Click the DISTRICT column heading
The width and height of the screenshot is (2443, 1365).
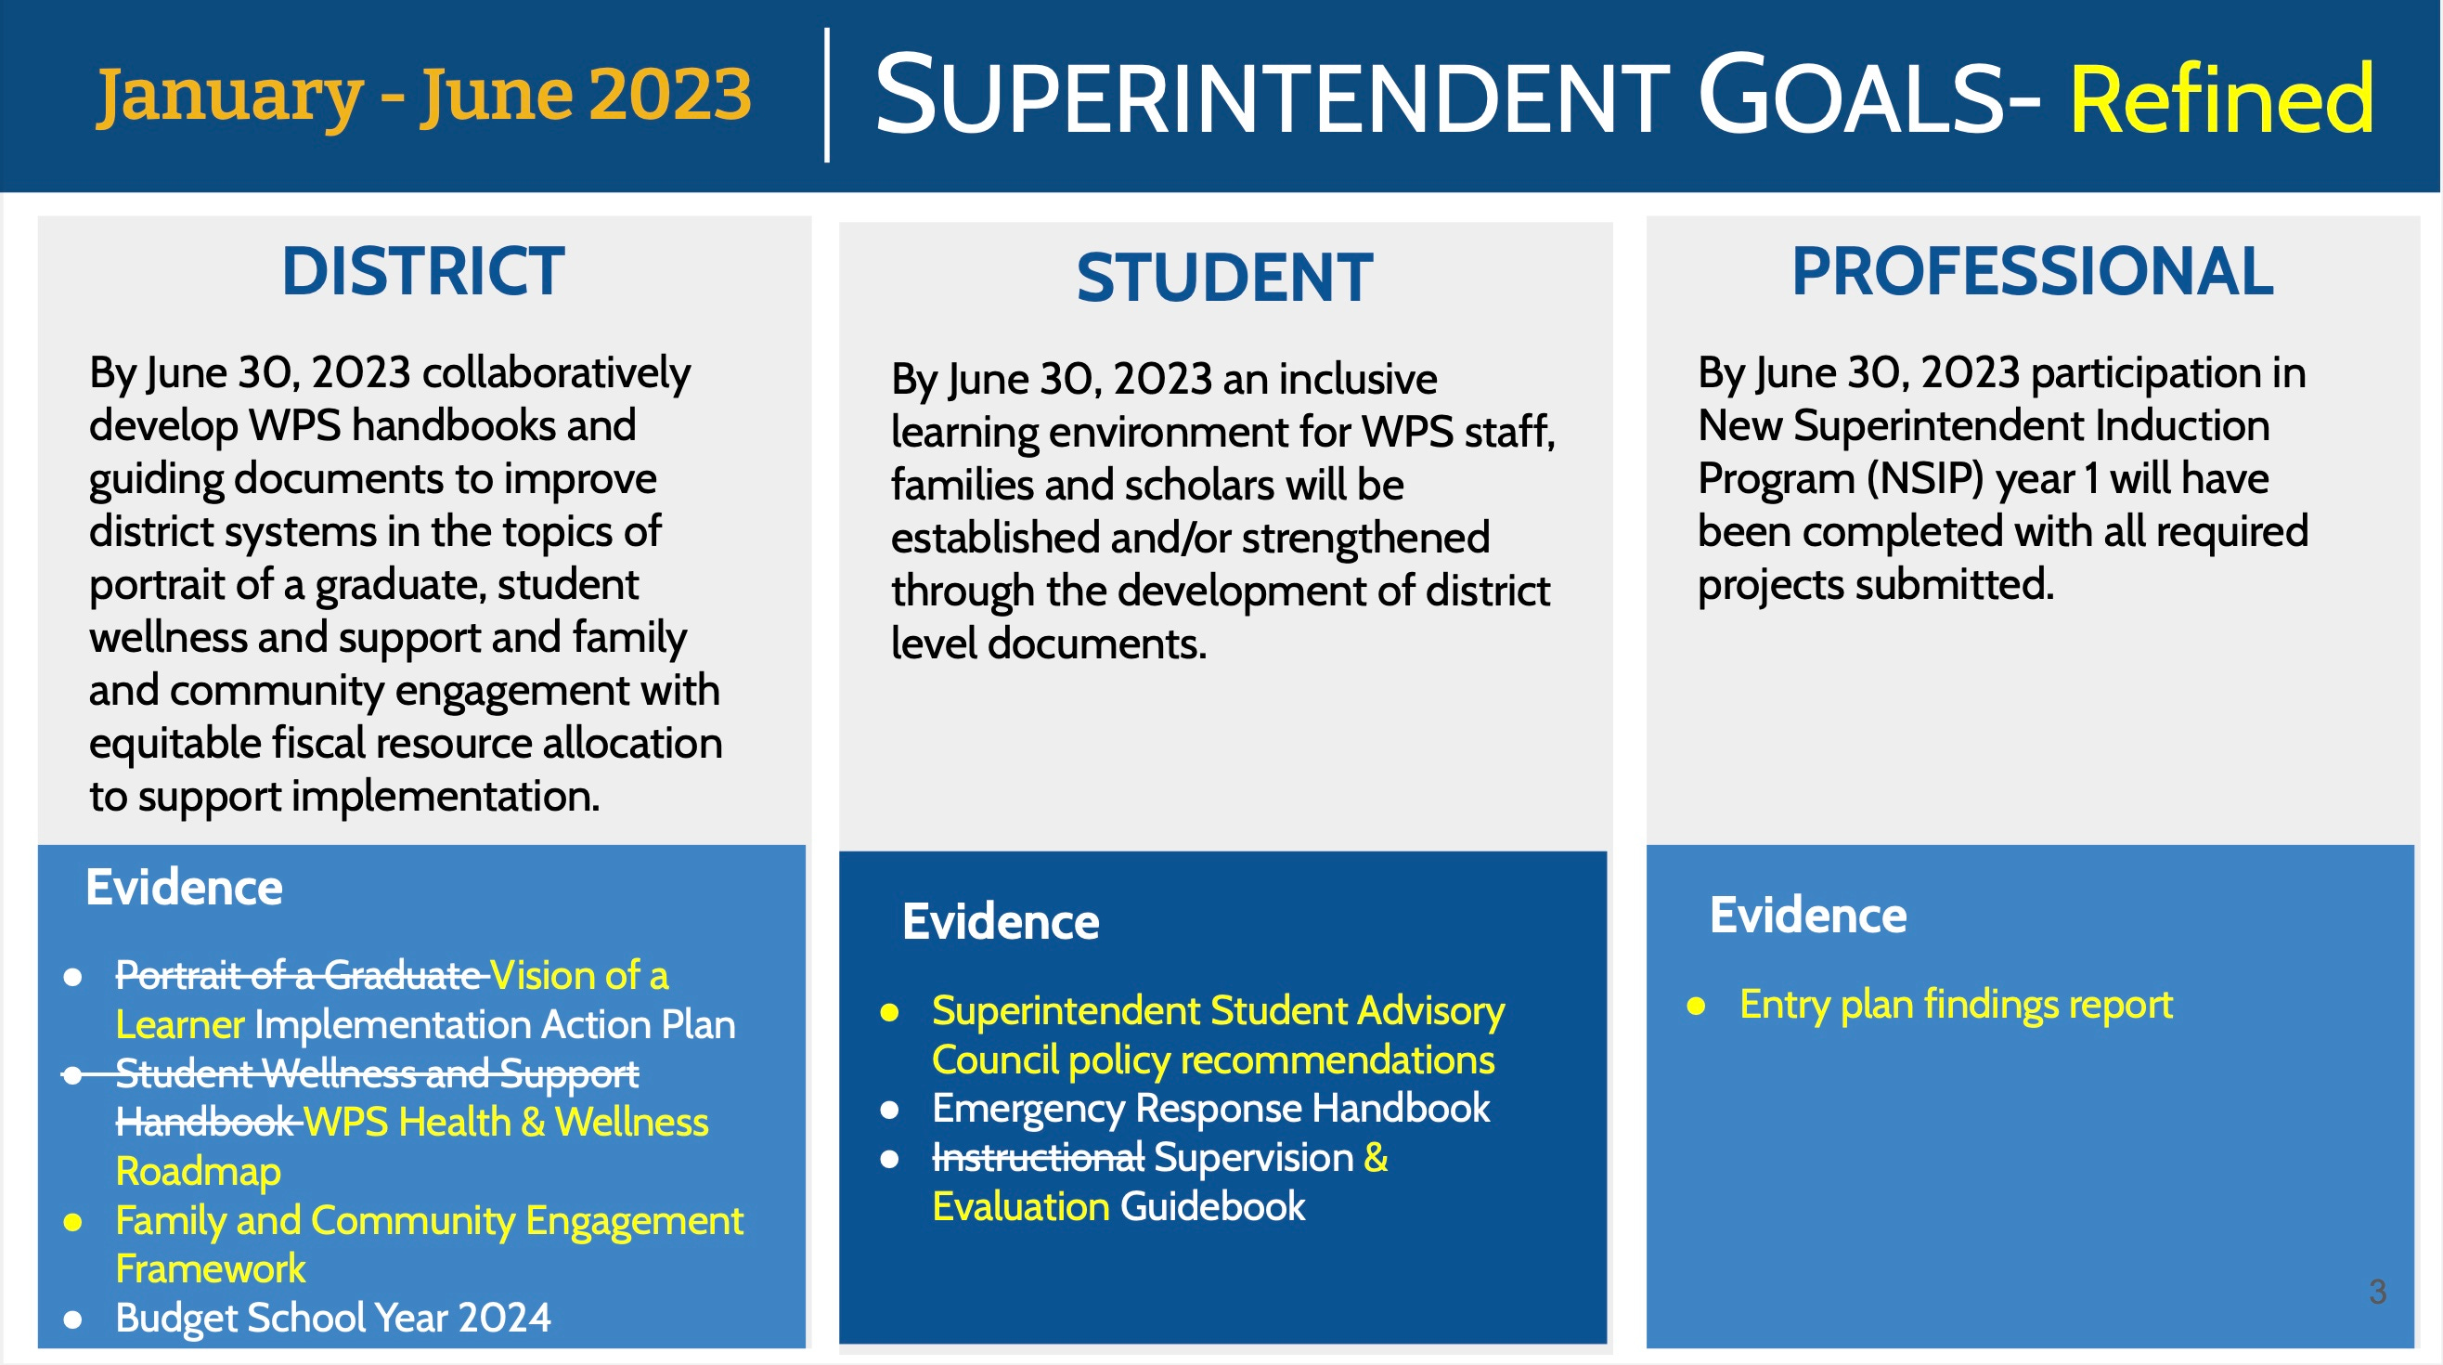(x=423, y=272)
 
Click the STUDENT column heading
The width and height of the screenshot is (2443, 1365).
(x=1224, y=279)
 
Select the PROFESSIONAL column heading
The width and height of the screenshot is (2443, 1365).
(x=2033, y=272)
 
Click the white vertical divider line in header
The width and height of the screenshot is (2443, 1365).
(x=827, y=95)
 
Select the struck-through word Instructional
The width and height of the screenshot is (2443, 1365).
(x=1038, y=1158)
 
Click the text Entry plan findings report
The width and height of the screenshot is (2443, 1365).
(x=1956, y=1005)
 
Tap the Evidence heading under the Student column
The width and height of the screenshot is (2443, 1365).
(x=1001, y=922)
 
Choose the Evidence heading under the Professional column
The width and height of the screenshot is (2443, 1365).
(x=1807, y=916)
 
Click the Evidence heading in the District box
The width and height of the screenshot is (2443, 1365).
(x=184, y=888)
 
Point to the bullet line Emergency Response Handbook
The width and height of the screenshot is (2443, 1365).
(x=1210, y=1109)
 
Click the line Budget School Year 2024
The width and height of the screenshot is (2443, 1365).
(x=332, y=1319)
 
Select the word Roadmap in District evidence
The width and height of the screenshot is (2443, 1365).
(x=198, y=1173)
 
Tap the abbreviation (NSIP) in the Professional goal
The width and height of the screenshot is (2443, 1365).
(x=1924, y=479)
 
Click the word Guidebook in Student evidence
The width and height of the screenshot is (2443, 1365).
(x=1212, y=1207)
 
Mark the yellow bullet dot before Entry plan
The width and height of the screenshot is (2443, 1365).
(x=1697, y=1007)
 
